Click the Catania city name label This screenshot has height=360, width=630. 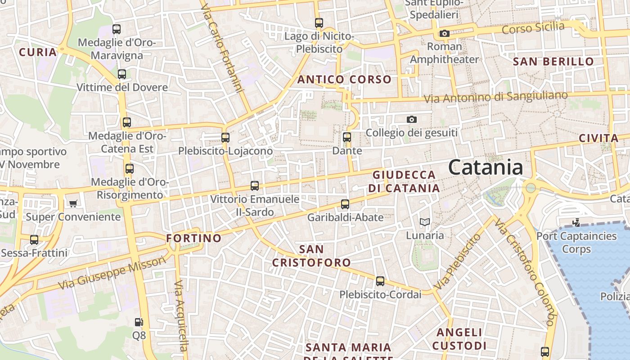tap(486, 167)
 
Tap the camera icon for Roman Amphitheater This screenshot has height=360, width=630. tap(444, 33)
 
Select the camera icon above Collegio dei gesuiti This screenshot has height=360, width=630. tap(411, 119)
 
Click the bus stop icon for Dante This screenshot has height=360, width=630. tap(347, 137)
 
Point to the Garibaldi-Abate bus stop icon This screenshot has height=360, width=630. tap(345, 204)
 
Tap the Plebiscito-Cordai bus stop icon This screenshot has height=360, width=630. tap(380, 281)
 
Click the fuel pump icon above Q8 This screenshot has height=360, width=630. tap(139, 322)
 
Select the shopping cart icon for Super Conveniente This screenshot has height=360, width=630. tap(73, 203)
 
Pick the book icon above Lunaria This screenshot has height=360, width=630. tap(425, 222)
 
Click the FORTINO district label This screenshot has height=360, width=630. tap(194, 238)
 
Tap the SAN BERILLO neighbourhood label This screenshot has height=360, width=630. tap(553, 62)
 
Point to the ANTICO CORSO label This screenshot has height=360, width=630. tap(344, 80)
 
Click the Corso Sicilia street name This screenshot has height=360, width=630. tap(533, 28)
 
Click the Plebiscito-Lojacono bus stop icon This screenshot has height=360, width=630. tap(225, 137)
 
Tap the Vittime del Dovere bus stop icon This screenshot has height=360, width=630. tap(121, 74)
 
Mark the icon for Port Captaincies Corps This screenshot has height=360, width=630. tap(576, 222)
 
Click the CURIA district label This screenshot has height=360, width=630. tap(38, 52)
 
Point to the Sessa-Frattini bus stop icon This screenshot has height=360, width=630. tap(34, 239)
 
